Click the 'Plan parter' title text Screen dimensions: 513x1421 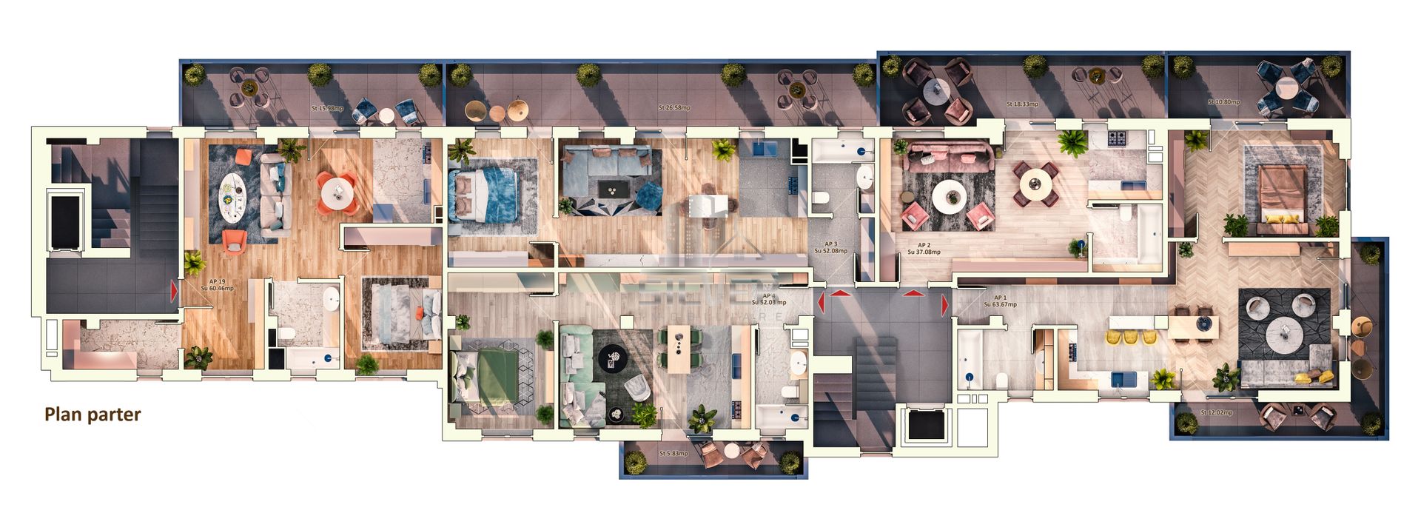pos(93,415)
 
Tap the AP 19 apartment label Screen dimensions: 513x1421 pos(218,285)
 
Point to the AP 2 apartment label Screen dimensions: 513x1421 pos(924,249)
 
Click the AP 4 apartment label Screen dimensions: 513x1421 pos(769,299)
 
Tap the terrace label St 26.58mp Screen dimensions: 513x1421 pos(674,108)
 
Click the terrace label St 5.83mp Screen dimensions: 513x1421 pos(673,454)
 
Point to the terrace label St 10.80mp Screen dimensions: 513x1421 pos(1223,102)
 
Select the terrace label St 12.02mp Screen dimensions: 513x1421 pos(1217,412)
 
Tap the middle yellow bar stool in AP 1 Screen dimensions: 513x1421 pos(1131,337)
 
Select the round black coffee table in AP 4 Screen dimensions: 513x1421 pos(613,359)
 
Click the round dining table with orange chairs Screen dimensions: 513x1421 pos(337,191)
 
